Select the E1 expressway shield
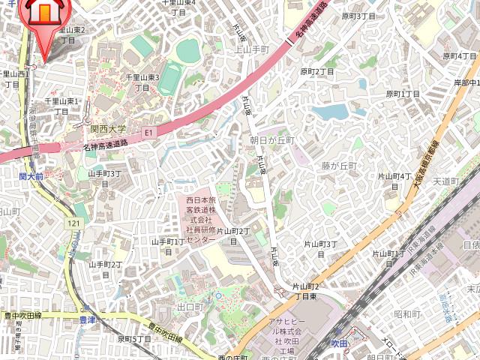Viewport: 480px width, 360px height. tap(148, 133)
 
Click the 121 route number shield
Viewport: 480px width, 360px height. tap(73, 224)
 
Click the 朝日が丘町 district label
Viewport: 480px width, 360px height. tap(272, 140)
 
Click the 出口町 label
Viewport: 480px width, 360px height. tap(190, 307)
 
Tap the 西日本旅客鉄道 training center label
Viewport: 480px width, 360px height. tap(201, 220)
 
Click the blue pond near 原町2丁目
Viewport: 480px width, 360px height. tap(330, 112)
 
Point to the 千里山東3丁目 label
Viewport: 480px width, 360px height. tap(142, 82)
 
